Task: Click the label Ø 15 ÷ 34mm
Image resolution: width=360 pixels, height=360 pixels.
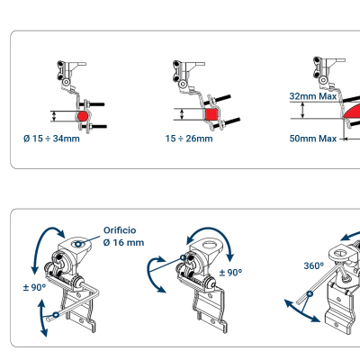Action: (51, 139)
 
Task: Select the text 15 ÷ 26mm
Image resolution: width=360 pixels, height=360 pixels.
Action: (189, 139)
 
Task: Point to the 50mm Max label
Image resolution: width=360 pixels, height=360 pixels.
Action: (312, 139)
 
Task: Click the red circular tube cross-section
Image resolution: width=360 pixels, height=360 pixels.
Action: (82, 115)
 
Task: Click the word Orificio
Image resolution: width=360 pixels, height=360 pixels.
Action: (122, 229)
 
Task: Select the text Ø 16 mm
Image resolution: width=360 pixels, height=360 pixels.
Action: (123, 243)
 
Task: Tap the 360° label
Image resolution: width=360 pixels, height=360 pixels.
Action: (314, 265)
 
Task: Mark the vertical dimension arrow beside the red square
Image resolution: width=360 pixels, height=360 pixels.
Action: (183, 114)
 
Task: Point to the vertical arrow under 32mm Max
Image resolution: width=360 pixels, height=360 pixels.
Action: (303, 111)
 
